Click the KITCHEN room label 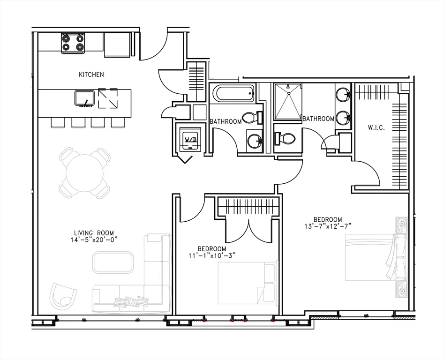(91, 75)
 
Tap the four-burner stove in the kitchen (73, 43)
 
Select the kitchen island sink (85, 98)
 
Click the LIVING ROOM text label (94, 233)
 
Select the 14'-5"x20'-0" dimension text (94, 240)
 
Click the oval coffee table (113, 262)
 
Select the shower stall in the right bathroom (288, 101)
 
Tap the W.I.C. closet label (376, 127)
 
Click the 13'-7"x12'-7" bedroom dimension (328, 225)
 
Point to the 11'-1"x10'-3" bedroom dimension (212, 255)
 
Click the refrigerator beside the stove (117, 45)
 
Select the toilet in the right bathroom (285, 138)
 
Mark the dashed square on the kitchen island (108, 98)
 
